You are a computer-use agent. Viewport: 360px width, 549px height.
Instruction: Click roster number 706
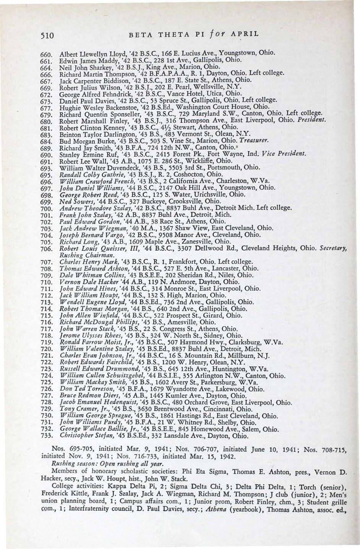coord(46,249)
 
